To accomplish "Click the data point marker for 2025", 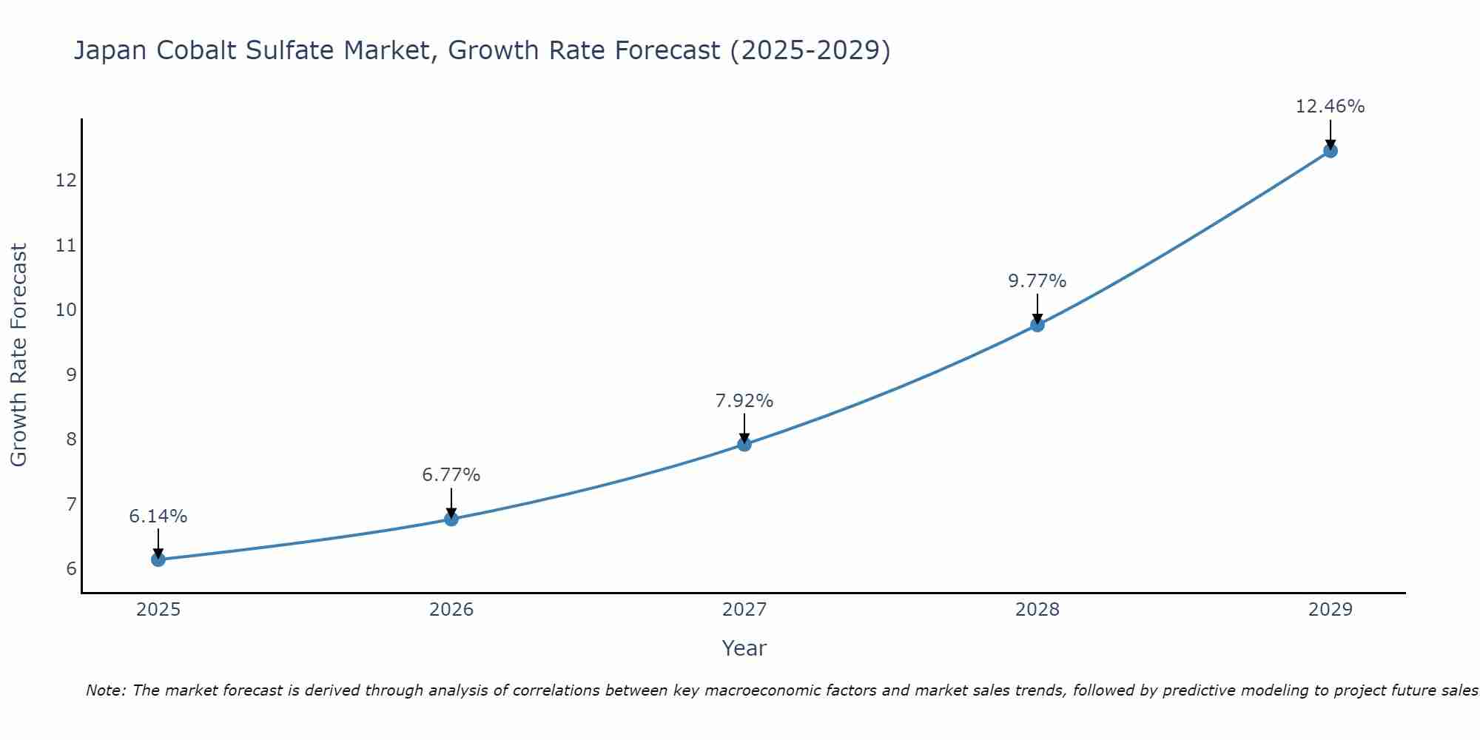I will (158, 559).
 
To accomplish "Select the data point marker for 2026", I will (451, 519).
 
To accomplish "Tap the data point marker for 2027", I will (744, 444).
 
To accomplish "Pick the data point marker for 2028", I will (1037, 324).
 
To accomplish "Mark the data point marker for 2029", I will (1331, 151).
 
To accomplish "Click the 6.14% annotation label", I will (158, 517).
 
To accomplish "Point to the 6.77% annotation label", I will (451, 475).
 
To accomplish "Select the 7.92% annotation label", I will (744, 401).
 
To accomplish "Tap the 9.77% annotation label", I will (1037, 281).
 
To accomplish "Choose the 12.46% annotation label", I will (1331, 107).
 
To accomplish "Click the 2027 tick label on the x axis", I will (744, 610).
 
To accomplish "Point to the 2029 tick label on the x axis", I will (1331, 610).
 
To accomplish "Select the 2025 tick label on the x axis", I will (158, 610).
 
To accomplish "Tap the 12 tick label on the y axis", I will (67, 180).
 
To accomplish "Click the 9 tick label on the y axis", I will (71, 374).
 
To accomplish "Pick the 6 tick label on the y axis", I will (71, 569).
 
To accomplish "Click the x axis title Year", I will (744, 648).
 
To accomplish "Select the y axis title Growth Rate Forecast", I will (19, 355).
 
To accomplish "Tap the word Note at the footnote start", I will (105, 690).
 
